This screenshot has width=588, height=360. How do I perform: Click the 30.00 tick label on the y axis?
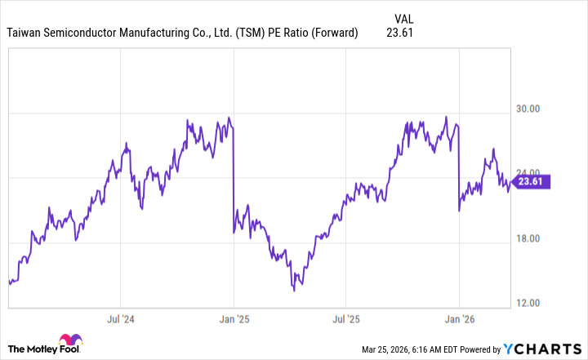coord(534,109)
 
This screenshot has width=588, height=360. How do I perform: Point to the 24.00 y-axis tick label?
coord(534,174)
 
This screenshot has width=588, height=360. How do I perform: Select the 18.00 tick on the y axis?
coord(534,238)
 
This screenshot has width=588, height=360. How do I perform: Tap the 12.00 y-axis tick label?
coord(534,304)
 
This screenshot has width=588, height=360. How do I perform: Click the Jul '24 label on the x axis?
coord(121,319)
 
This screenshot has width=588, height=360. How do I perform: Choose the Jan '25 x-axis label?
coord(234,319)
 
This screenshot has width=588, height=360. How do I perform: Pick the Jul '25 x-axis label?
coord(347,319)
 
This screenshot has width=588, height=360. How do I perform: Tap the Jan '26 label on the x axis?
coord(460,319)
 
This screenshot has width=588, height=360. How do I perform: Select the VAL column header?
coord(404,18)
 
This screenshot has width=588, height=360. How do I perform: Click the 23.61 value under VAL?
coord(401,33)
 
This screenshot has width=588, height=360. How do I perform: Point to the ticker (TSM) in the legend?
coord(251,33)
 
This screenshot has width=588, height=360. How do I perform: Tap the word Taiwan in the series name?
coord(24,33)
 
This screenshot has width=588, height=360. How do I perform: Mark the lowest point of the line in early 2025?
coord(293,289)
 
